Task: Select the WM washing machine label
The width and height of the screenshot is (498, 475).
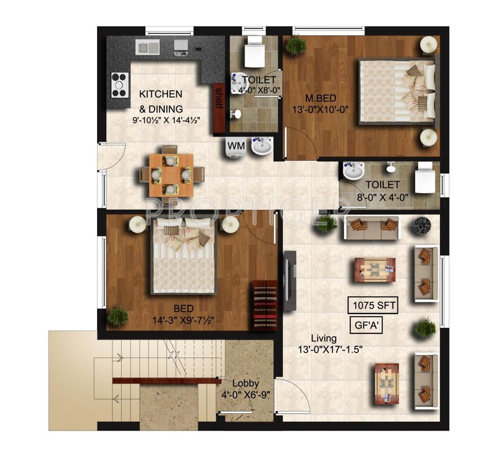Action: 235,145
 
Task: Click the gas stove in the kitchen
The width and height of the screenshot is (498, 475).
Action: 119,85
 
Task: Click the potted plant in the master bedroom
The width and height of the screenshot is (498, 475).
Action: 297,45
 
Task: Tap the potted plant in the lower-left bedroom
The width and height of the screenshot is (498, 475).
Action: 117,316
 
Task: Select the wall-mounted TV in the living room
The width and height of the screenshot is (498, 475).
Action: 287,279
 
